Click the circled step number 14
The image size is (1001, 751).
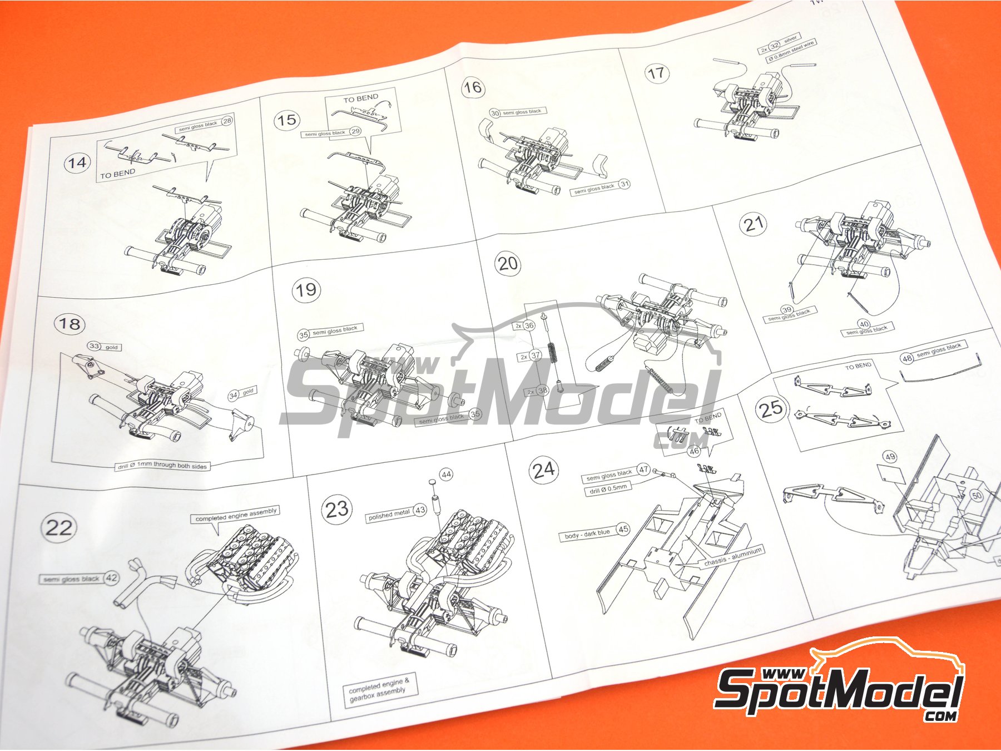[x=76, y=163]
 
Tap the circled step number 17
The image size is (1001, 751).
[x=656, y=73]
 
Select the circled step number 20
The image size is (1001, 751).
[x=508, y=263]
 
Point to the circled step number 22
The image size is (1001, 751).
[x=58, y=527]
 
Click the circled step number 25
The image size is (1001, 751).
[x=771, y=409]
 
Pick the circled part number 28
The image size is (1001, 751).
[x=226, y=121]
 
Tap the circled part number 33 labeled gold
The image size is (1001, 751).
[x=94, y=346]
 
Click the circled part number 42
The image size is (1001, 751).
[x=111, y=577]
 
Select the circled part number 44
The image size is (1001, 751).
[x=446, y=475]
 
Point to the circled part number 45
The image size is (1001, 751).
[x=623, y=529]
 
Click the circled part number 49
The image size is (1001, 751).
[x=890, y=457]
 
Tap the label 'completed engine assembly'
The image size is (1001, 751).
[x=236, y=515]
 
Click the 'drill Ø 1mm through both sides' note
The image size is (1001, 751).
[x=162, y=466]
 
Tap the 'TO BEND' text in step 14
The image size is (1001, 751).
[x=117, y=174]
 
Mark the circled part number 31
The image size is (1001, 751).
[x=625, y=184]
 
